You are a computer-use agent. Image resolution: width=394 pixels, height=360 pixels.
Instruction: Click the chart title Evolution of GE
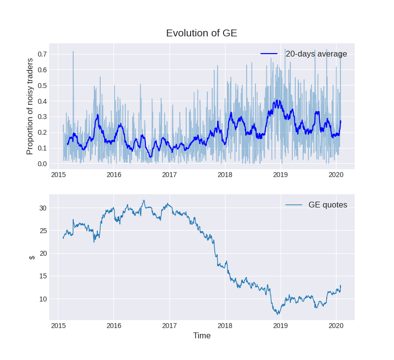[201, 33]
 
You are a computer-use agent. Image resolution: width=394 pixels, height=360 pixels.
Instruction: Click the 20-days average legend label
[316, 54]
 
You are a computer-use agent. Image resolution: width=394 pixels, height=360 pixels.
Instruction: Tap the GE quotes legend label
[328, 205]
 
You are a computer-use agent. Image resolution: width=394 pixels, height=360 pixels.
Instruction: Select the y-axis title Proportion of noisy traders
[30, 106]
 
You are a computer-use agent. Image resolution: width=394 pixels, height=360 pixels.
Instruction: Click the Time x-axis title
[201, 336]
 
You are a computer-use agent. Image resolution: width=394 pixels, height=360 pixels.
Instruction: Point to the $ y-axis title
[32, 257]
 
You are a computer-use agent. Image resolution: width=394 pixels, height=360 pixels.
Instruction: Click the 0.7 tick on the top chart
[42, 54]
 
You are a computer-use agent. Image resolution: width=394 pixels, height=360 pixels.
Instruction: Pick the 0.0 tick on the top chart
[42, 164]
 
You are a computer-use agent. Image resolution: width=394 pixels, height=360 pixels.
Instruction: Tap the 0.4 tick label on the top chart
[42, 101]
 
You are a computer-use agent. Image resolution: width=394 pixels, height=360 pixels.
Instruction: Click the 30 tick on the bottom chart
[43, 208]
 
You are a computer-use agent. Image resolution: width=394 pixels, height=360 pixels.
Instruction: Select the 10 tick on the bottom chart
[43, 299]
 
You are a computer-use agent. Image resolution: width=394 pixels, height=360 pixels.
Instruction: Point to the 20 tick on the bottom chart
[43, 253]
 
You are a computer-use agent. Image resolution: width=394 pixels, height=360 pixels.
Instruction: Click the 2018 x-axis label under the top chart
[225, 175]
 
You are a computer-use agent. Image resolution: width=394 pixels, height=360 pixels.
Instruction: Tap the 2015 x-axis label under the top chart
[58, 175]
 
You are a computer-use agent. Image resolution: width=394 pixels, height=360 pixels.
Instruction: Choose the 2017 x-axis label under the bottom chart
[169, 326]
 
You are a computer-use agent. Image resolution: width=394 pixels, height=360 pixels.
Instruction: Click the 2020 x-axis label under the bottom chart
[336, 326]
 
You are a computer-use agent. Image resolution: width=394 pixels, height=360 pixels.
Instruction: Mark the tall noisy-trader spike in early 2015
[73, 52]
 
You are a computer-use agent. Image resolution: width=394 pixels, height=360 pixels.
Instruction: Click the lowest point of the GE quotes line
[278, 314]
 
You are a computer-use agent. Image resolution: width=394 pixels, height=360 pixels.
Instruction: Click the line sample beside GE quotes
[293, 205]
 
